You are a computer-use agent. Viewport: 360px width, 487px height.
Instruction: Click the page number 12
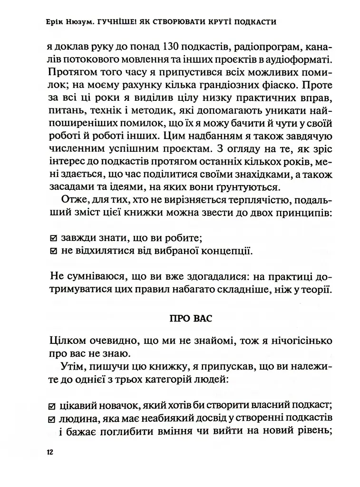coord(50,452)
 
